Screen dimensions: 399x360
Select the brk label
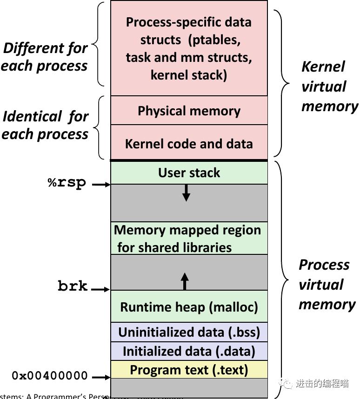[x=73, y=286]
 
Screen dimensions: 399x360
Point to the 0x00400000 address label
[x=50, y=375]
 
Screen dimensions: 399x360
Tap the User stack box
[x=189, y=173]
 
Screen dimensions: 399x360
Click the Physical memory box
[x=189, y=111]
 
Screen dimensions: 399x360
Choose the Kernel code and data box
[x=189, y=143]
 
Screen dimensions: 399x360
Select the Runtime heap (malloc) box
[x=189, y=306]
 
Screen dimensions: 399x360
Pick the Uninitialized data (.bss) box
[x=189, y=332]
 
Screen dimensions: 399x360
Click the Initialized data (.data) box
[x=189, y=351]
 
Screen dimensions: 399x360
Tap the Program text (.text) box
[x=189, y=370]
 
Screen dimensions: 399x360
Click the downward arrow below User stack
[x=186, y=193]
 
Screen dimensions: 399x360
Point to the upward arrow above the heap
[x=185, y=281]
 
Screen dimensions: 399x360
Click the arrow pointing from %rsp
[x=101, y=185]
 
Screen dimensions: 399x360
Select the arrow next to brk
[x=100, y=290]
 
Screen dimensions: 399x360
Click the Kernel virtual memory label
[x=328, y=86]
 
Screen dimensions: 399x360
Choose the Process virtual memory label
[x=327, y=284]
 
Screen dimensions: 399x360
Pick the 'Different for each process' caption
[x=45, y=57]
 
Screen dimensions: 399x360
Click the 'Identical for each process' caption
[x=45, y=125]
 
